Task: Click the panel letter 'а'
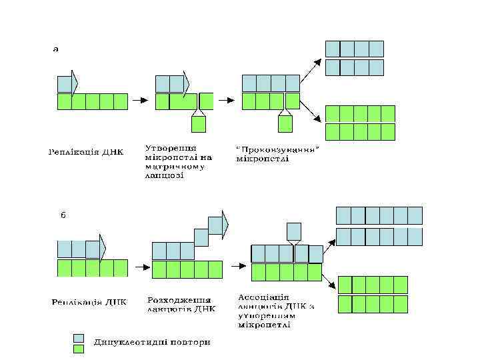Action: tap(56, 49)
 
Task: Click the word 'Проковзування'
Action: tap(279, 149)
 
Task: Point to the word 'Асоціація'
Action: tap(263, 297)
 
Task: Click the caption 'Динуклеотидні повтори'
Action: tap(152, 343)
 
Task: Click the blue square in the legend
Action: tap(79, 338)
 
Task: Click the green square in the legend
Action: tap(79, 348)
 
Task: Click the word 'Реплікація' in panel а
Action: tap(73, 151)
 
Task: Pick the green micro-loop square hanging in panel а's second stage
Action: tap(198, 124)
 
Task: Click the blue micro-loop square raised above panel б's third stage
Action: tap(294, 231)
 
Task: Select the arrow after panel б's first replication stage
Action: tap(140, 267)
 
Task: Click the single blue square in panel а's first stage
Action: tap(65, 84)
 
